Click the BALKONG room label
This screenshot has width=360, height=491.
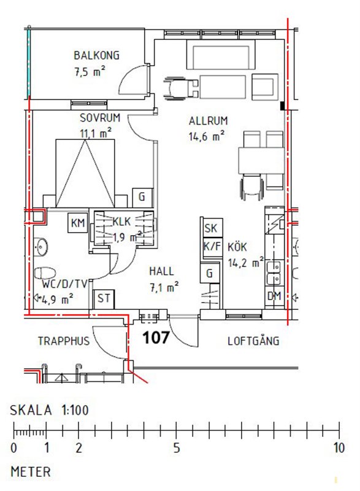(x=96, y=55)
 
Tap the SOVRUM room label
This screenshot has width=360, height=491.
(x=100, y=118)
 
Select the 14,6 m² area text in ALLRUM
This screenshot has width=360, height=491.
(x=207, y=136)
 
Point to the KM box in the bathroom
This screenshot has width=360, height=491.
(x=78, y=223)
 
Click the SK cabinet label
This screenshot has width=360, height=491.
(x=212, y=228)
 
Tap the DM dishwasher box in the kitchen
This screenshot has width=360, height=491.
(x=274, y=296)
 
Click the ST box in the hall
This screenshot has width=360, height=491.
(x=104, y=299)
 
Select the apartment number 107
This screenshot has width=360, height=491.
(x=156, y=338)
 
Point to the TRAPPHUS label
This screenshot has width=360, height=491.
(x=64, y=341)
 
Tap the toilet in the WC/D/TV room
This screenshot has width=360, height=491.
(x=44, y=273)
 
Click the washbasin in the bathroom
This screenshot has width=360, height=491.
(x=40, y=246)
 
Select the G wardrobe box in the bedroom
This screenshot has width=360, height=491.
(x=142, y=197)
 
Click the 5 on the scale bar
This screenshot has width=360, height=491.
(x=177, y=448)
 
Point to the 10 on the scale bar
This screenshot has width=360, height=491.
(x=339, y=448)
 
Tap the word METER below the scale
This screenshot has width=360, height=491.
(x=30, y=472)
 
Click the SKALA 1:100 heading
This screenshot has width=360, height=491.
(x=50, y=410)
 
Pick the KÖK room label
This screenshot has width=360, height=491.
(x=237, y=247)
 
